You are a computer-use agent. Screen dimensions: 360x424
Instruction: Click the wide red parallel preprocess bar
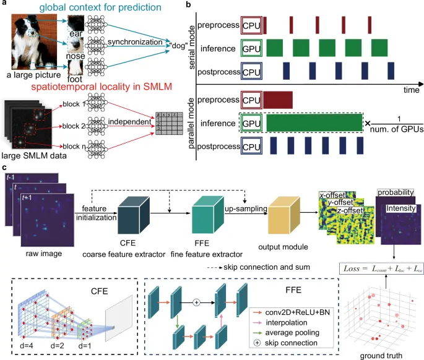(x=278, y=99)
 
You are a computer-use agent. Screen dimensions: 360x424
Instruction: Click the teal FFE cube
(x=209, y=212)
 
